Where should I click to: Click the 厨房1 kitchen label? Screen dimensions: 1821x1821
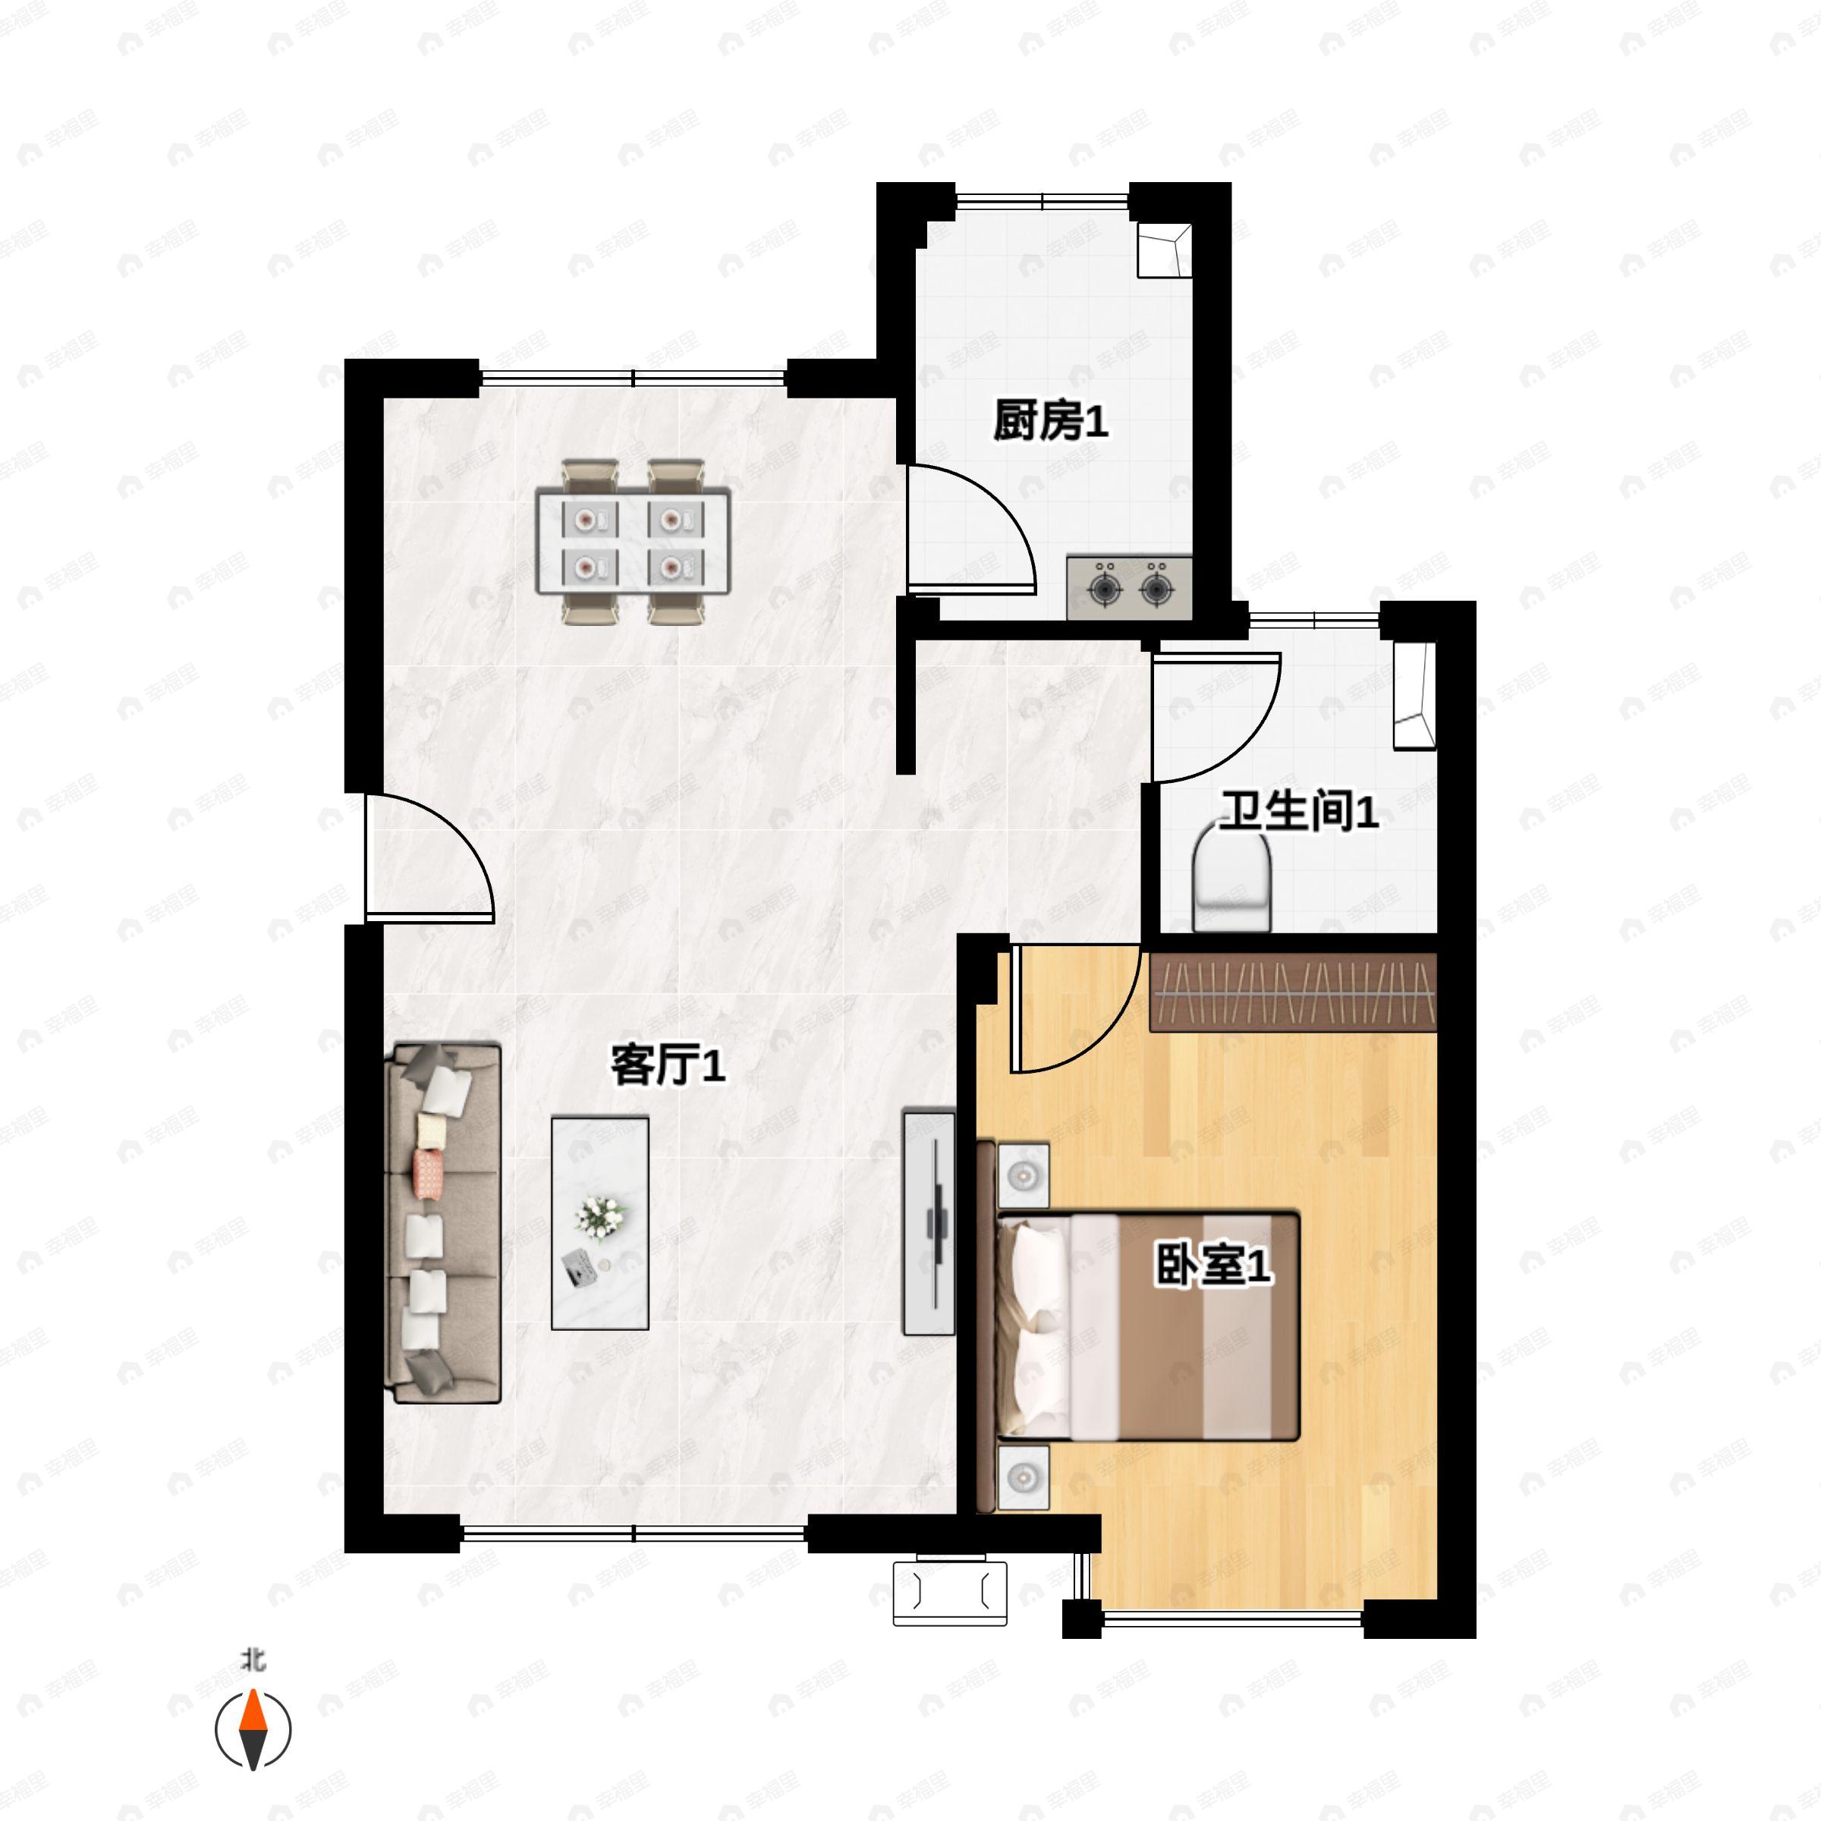click(x=1050, y=420)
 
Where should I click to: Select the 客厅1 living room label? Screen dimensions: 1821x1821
click(x=668, y=1065)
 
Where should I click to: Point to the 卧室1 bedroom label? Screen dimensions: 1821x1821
click(x=1214, y=1265)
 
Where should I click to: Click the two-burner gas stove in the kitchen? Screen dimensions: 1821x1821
click(x=1129, y=588)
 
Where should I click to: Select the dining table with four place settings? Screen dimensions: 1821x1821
click(x=634, y=540)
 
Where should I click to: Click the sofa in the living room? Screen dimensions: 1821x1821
click(x=443, y=1222)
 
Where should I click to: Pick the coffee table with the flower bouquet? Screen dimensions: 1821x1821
click(x=599, y=1222)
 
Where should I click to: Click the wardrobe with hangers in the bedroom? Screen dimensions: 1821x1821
click(x=1292, y=992)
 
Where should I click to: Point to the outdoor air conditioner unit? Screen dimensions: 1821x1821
click(x=949, y=1592)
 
